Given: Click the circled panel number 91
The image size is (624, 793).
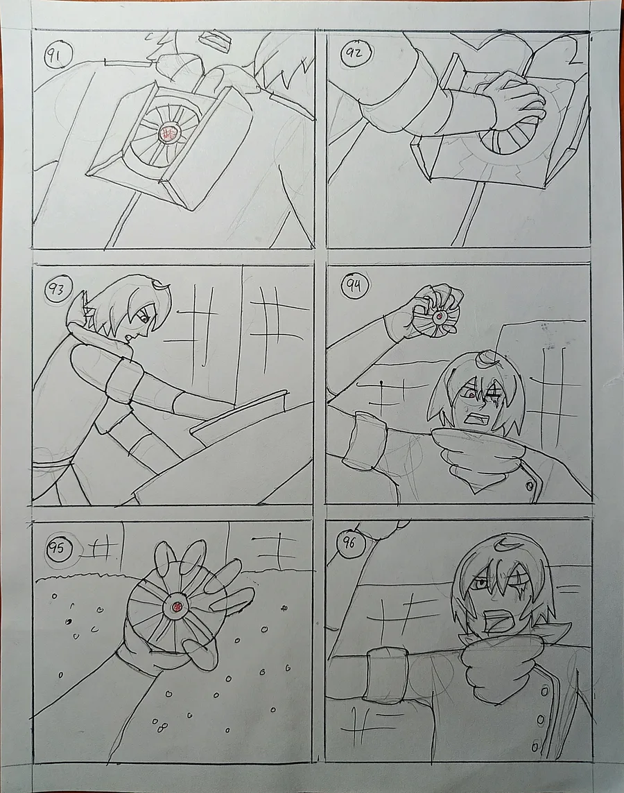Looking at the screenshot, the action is coord(58,54).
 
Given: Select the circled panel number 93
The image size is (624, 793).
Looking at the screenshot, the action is coord(59,289).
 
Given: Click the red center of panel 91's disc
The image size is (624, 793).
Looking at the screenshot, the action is coord(167,134).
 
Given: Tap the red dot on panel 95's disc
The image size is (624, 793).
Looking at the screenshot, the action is coord(177,607).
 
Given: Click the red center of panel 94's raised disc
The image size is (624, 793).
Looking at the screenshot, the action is coord(440,317).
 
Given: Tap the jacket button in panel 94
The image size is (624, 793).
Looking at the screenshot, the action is coord(530,486).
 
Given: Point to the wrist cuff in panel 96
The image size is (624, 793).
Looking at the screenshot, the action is coord(388,672).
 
